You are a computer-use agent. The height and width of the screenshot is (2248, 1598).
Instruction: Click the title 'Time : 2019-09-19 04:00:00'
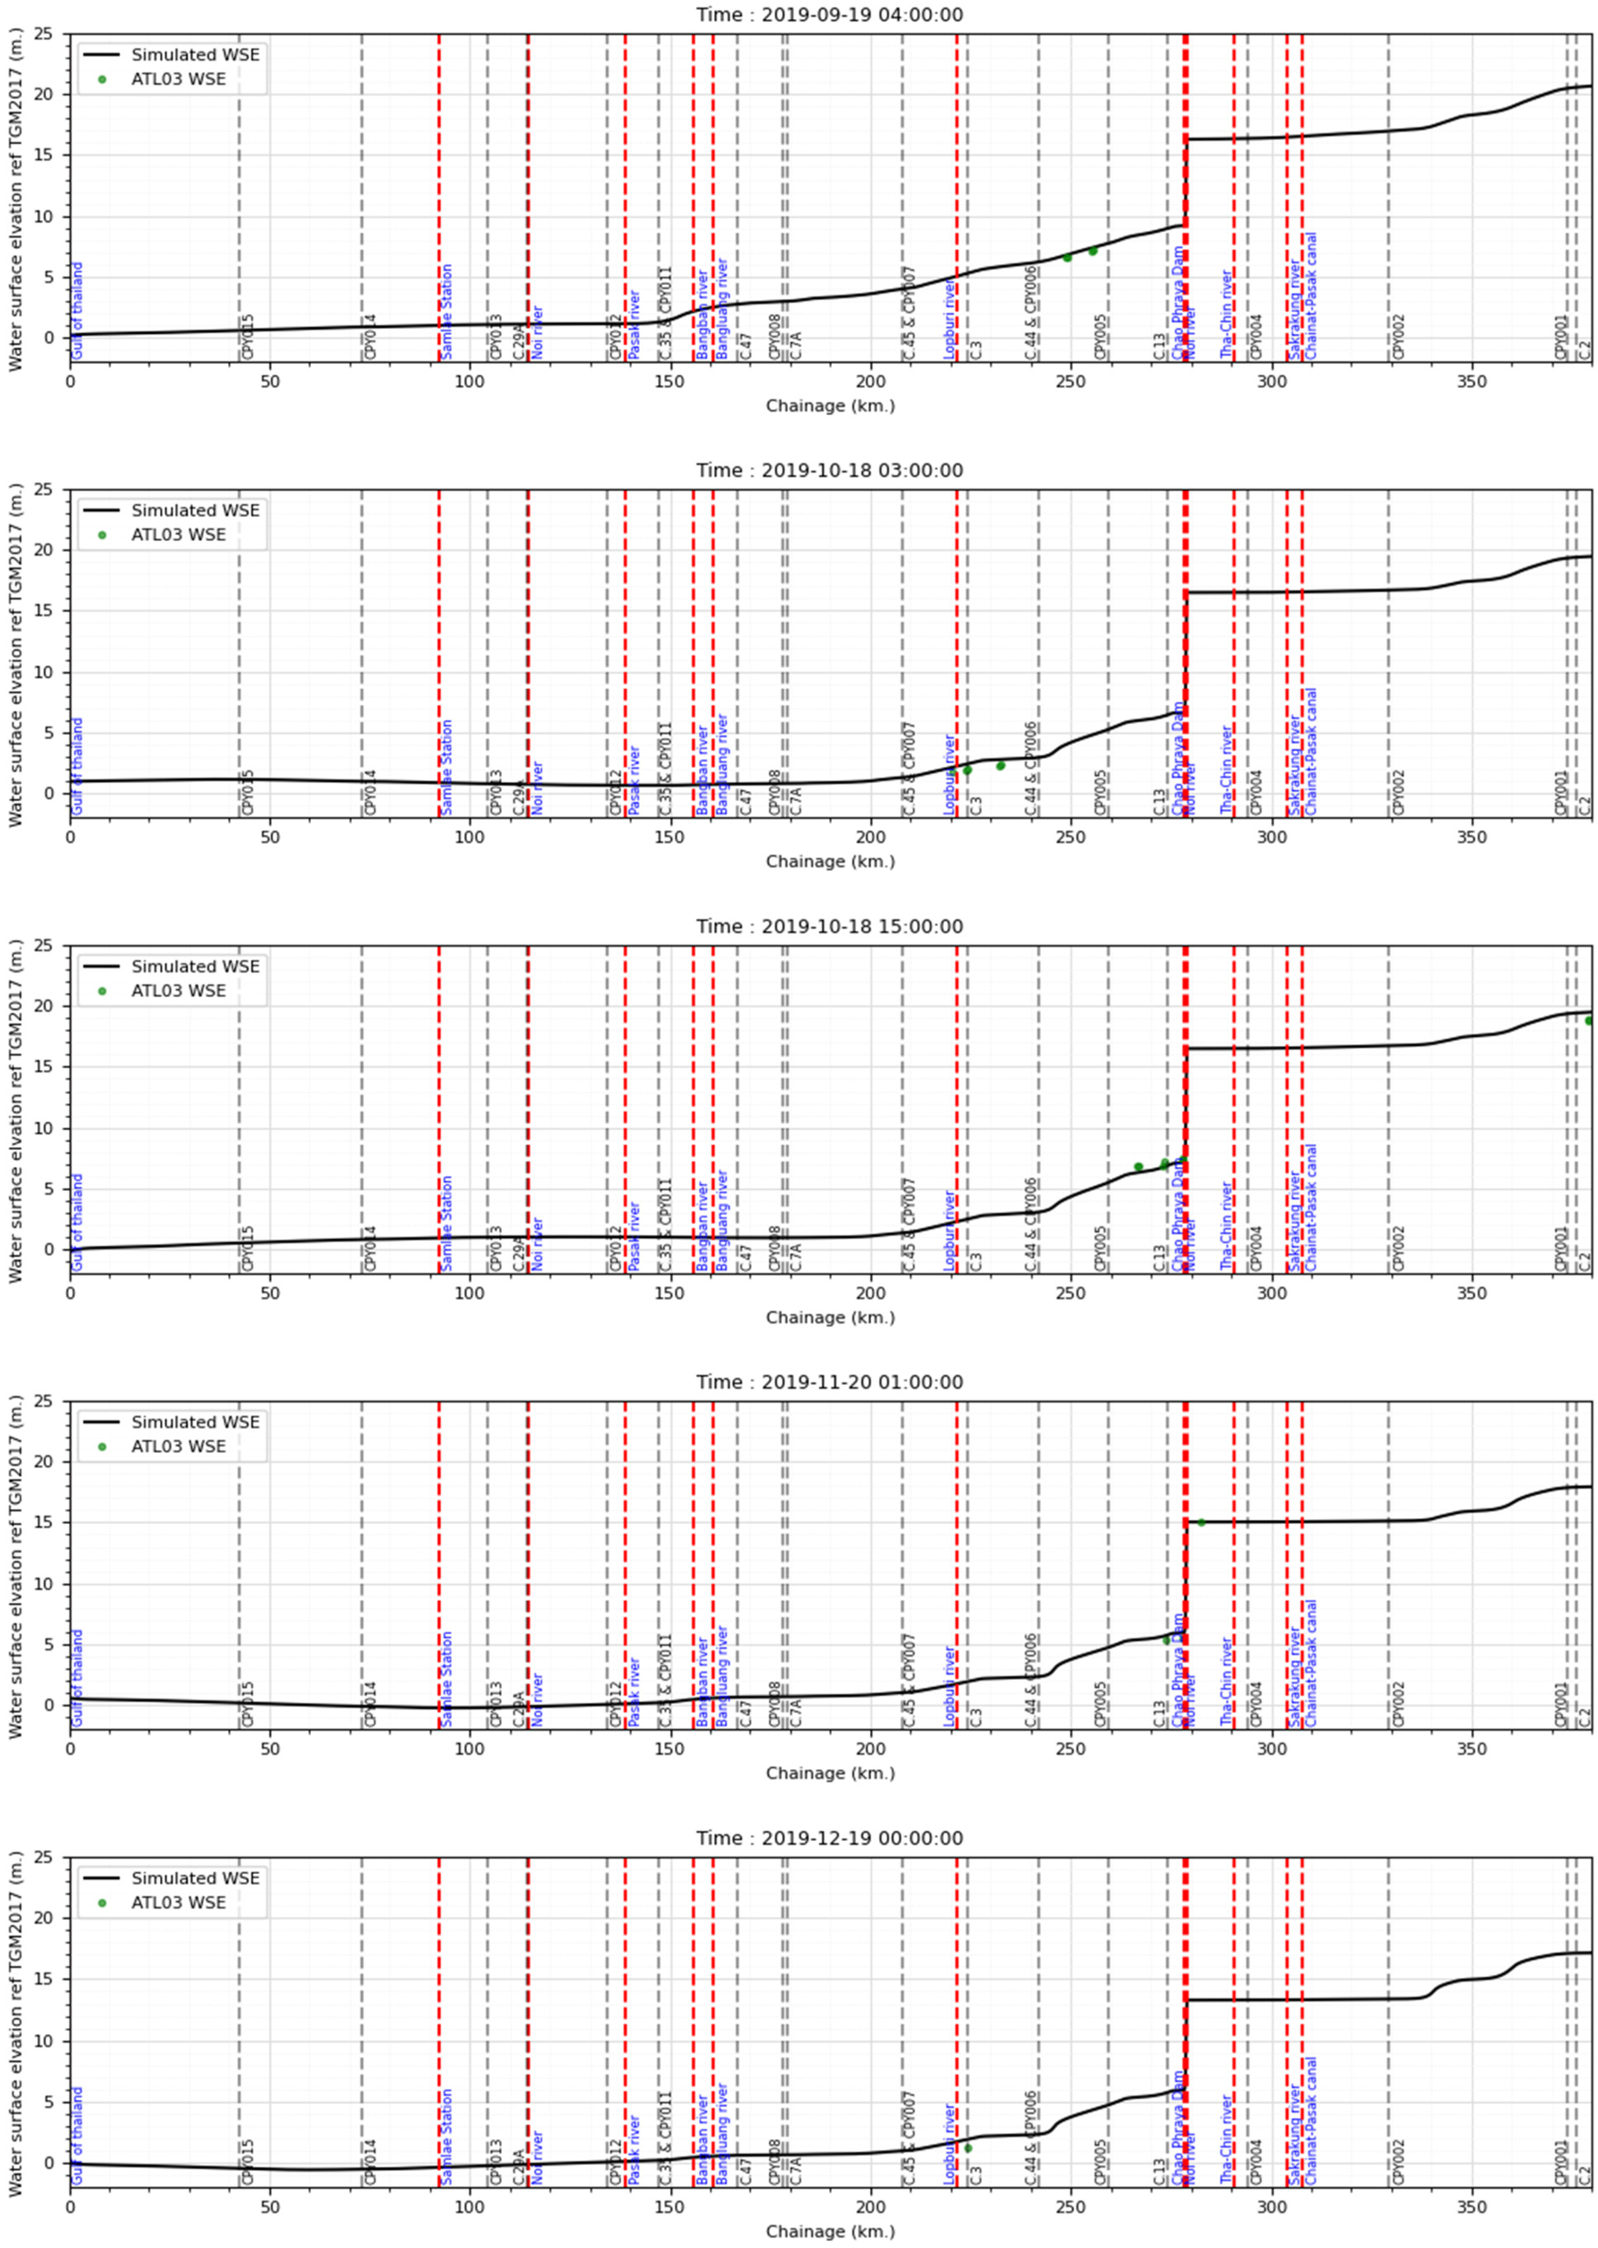point(830,15)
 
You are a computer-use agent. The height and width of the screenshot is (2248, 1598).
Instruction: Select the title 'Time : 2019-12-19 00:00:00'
point(830,1838)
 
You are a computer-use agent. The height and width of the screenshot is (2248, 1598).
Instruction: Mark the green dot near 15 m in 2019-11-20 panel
point(1200,1523)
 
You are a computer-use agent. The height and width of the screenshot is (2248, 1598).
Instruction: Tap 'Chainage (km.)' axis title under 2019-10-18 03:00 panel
point(830,862)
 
